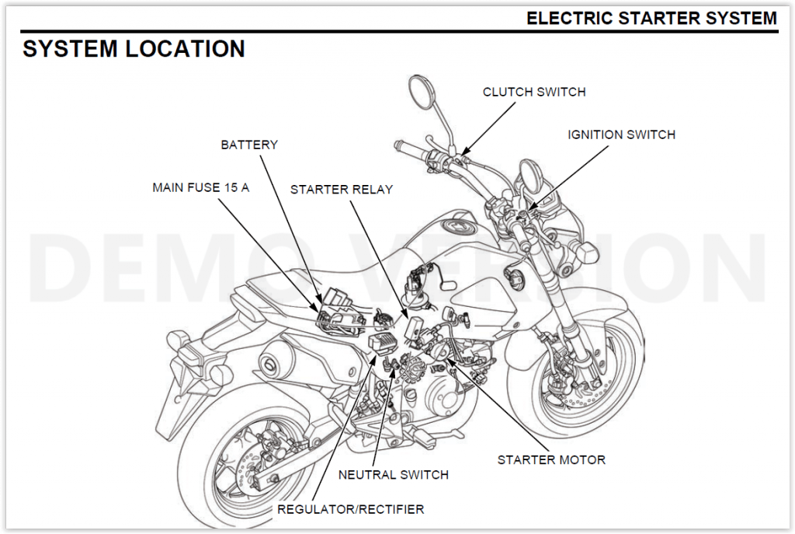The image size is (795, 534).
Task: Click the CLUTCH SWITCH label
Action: click(534, 92)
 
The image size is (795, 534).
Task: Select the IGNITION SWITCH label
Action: click(621, 134)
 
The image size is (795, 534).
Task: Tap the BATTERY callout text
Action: click(249, 145)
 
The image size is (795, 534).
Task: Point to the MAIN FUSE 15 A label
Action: click(200, 187)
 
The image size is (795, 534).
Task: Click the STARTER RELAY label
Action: click(342, 189)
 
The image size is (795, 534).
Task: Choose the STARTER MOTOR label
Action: click(551, 459)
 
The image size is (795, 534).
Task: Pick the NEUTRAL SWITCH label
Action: click(393, 474)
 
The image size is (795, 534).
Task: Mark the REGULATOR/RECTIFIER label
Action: click(350, 509)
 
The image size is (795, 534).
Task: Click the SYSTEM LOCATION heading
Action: click(134, 49)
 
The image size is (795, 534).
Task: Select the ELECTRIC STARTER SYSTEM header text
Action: click(651, 18)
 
